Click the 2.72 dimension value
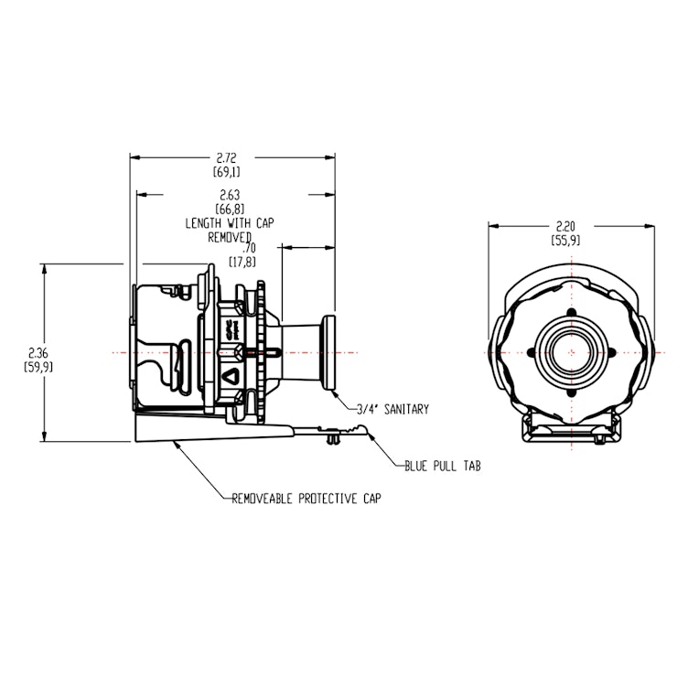[x=231, y=158]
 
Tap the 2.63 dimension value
[x=231, y=195]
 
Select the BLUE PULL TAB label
[x=443, y=466]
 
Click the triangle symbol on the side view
[x=231, y=375]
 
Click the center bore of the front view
[x=573, y=352]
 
